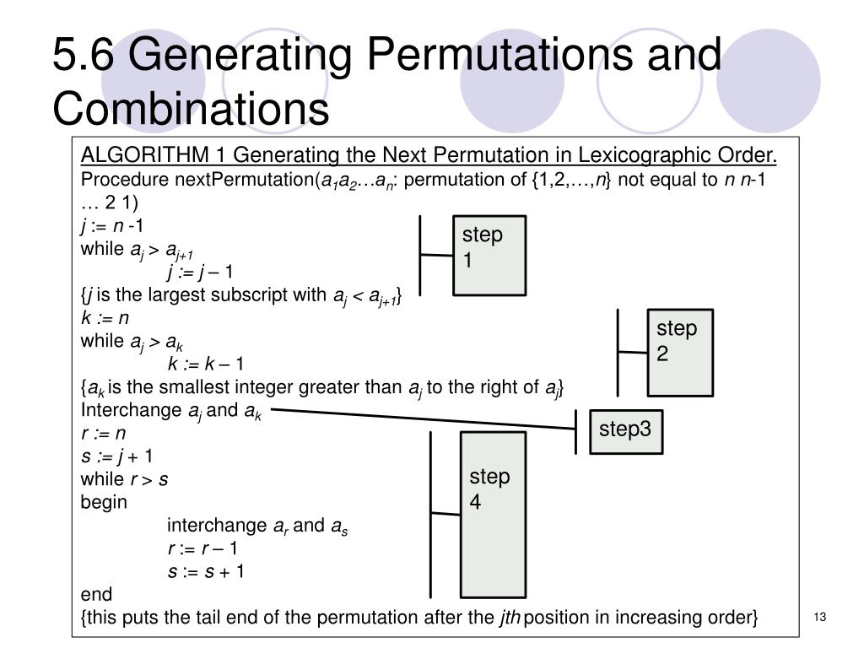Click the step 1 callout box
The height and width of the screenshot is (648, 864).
tap(489, 255)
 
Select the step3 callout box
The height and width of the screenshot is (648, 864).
tap(625, 431)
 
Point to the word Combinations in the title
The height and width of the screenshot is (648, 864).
tap(190, 108)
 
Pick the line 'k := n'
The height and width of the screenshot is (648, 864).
tap(105, 318)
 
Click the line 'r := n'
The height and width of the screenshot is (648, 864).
tap(103, 433)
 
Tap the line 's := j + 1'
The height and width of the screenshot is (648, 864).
tap(116, 456)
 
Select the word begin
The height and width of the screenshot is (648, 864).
tap(104, 502)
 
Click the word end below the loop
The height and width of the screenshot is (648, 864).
tap(95, 593)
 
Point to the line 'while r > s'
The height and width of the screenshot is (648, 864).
tap(125, 479)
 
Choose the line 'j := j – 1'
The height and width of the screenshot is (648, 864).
tap(201, 272)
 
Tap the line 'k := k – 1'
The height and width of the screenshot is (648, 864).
tap(206, 364)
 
